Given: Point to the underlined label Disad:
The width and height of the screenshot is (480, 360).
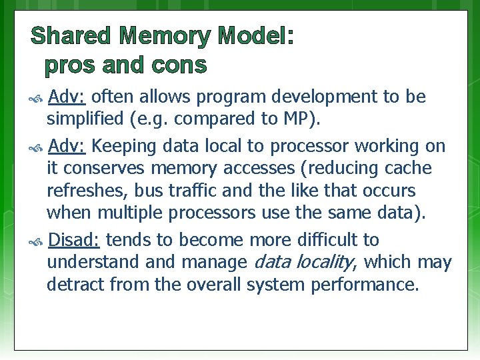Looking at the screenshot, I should [75, 239].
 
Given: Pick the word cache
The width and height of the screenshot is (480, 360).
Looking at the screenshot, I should [407, 168].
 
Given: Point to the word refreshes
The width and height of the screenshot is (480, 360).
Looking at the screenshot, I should [87, 191].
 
